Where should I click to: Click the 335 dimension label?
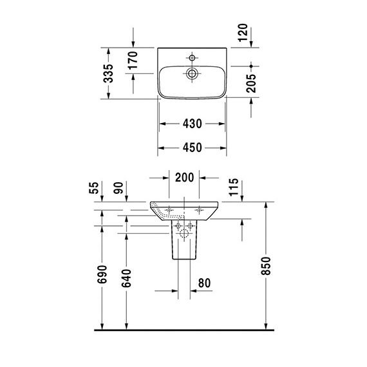click(108, 73)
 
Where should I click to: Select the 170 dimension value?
click(133, 61)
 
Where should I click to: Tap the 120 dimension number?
click(243, 33)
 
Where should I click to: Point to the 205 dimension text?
click(251, 83)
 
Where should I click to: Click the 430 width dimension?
click(192, 124)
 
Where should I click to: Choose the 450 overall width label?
click(192, 147)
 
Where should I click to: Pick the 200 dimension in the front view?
click(184, 178)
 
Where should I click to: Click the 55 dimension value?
click(94, 188)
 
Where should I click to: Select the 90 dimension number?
click(118, 188)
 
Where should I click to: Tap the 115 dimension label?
click(234, 187)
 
